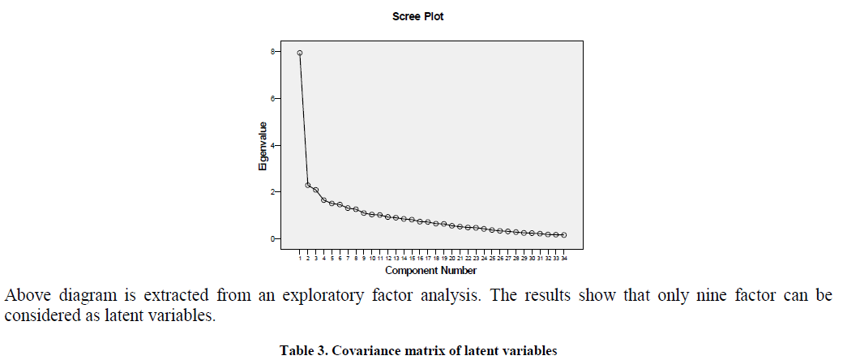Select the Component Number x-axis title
click(430, 270)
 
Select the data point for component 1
click(300, 53)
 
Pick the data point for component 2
click(308, 186)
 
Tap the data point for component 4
click(324, 200)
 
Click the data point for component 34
click(563, 235)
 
